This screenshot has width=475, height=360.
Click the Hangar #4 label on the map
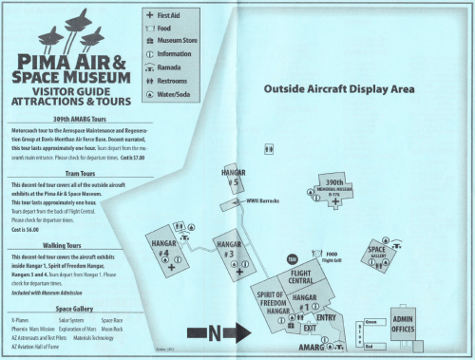coord(162,252)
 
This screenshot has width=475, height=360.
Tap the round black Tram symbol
coord(293,257)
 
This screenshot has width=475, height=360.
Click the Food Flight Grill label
coord(332,256)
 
